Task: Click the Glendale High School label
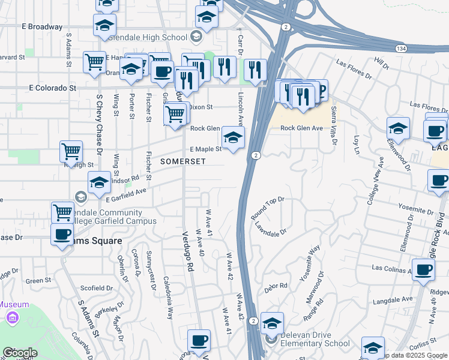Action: coord(149,37)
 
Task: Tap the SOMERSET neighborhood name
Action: coord(182,161)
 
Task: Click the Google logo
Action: coord(20,353)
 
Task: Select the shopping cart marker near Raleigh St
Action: coord(71,151)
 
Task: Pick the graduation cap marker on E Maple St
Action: coord(234,137)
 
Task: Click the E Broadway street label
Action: coord(41,27)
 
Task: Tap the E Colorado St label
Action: coord(53,88)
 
